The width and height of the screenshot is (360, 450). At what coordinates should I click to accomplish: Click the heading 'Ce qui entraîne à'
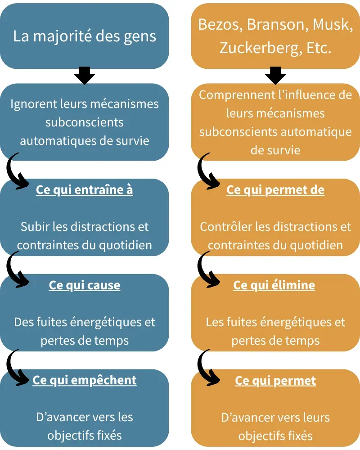click(84, 190)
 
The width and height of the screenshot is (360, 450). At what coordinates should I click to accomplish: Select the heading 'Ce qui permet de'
click(275, 190)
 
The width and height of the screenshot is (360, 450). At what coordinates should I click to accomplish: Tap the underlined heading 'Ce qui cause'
click(84, 285)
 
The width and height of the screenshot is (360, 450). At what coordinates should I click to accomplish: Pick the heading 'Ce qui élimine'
click(274, 285)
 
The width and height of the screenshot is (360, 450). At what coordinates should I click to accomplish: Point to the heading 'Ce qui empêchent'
click(84, 380)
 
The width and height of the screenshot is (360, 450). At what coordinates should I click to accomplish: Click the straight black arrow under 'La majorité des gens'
click(84, 76)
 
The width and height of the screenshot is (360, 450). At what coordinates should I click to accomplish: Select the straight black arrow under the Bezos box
click(275, 76)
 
